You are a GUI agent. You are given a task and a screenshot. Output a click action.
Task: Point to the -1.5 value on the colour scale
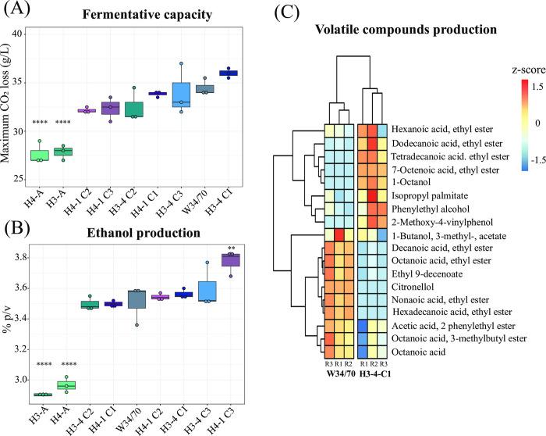tap(502, 166)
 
